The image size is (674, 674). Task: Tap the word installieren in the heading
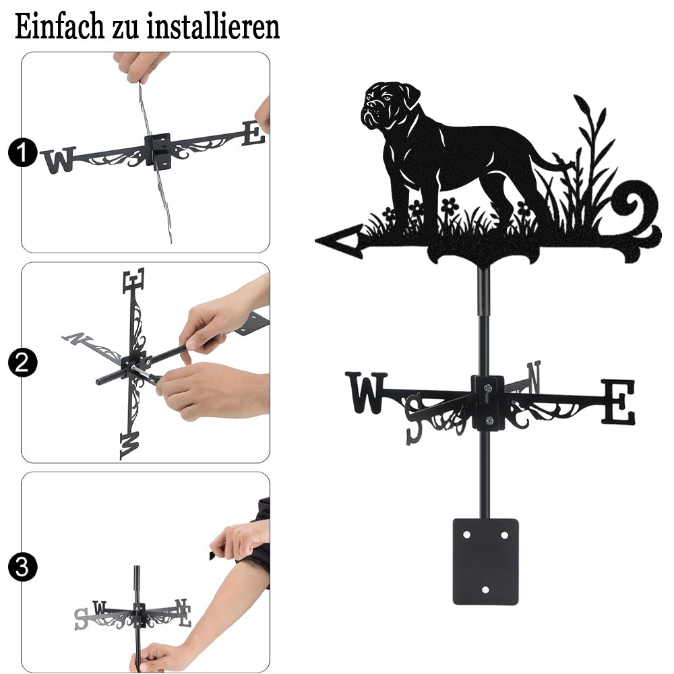213,26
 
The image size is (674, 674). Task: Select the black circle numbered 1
22,152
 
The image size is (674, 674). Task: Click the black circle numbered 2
22,363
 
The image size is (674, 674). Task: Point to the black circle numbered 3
22,567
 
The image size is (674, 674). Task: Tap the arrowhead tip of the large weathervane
317,241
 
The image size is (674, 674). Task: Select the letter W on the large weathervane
366,392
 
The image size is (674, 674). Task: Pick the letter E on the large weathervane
617,402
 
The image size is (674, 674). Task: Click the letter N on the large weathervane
533,377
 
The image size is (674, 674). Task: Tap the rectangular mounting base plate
486,561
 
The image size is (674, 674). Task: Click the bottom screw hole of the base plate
486,590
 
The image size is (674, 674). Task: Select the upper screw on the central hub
487,389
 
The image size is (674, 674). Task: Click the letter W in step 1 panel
59,160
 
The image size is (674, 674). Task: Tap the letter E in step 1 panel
253,133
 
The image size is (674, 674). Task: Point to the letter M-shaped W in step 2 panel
130,446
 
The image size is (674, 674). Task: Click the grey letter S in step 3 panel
82,619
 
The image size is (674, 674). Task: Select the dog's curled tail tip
561,160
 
